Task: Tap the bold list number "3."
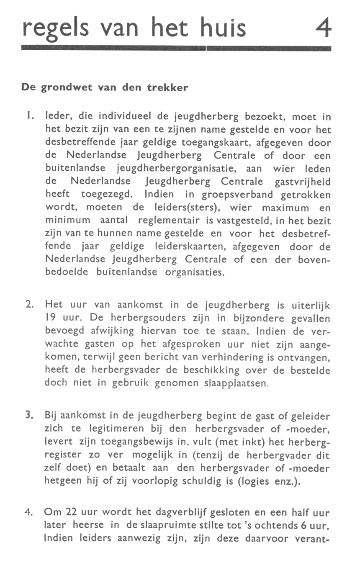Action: tap(29, 416)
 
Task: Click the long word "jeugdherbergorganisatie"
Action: tap(171, 169)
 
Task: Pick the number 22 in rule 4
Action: tap(74, 512)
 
